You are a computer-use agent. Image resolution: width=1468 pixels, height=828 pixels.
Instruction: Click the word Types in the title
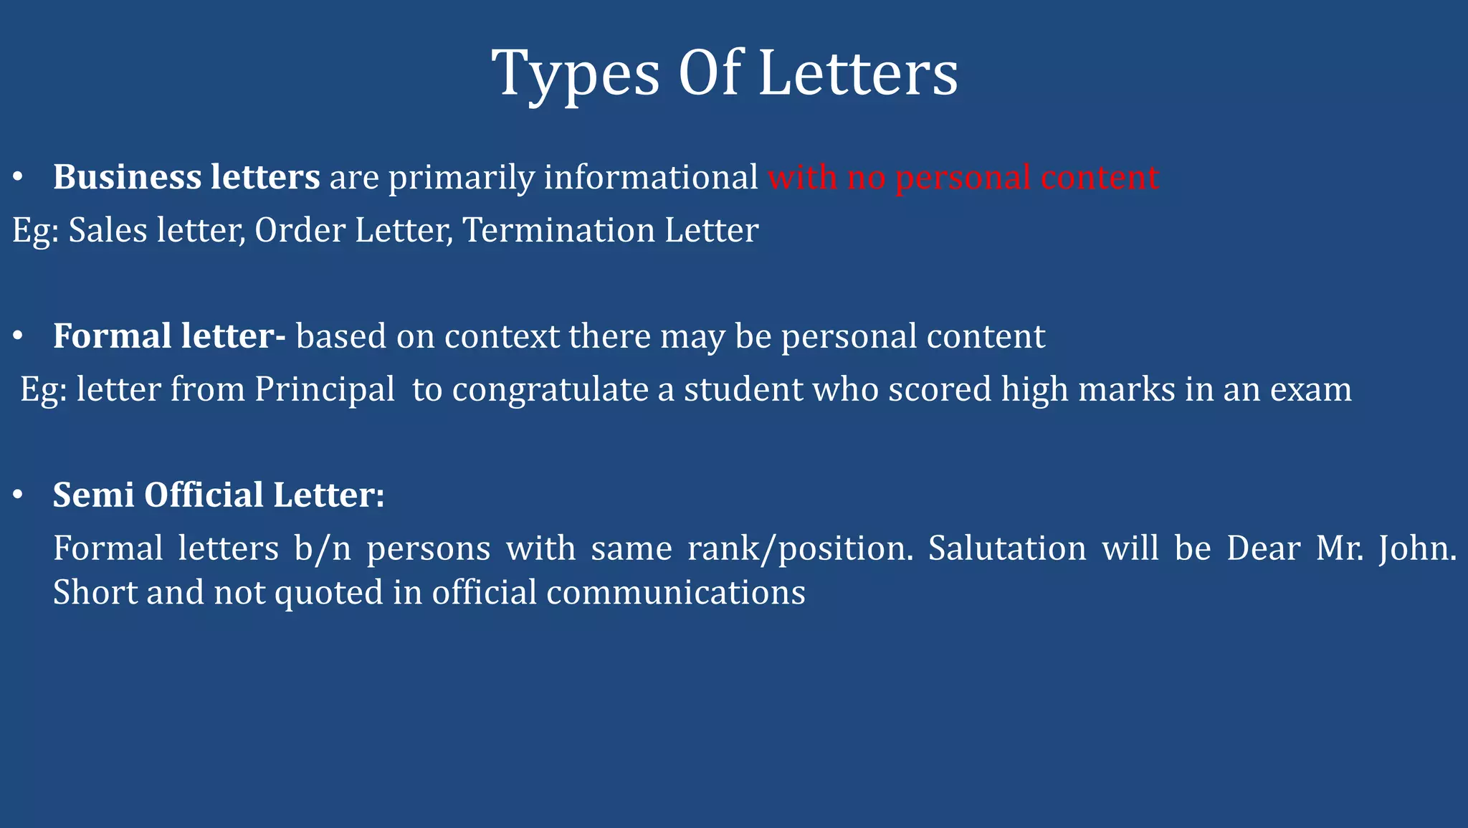575,75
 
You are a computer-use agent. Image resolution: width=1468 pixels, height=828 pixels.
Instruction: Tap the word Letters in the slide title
857,73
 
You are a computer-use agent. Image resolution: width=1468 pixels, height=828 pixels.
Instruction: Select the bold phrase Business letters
186,177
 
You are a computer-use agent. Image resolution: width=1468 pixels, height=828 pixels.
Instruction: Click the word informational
651,177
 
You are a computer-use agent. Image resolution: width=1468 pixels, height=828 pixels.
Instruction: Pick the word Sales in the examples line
108,231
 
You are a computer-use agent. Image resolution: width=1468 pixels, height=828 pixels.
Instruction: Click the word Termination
558,231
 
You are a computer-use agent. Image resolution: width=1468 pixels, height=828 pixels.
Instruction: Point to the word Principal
325,390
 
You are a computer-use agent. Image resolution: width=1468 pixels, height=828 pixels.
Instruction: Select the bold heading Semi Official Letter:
219,495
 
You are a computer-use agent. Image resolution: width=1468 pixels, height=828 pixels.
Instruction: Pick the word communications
676,593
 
